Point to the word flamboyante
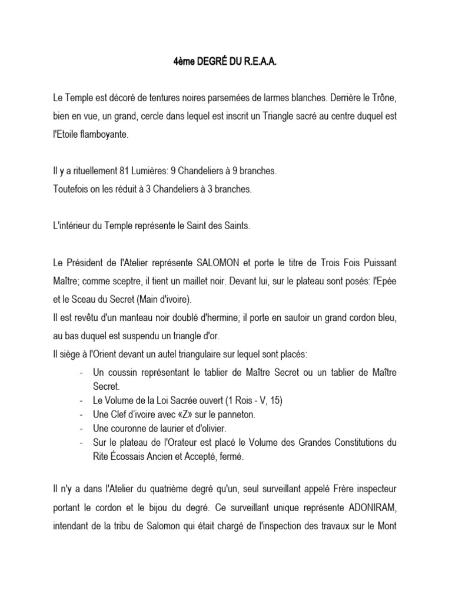pyautogui.click(x=102, y=134)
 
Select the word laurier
pyautogui.click(x=166, y=428)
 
